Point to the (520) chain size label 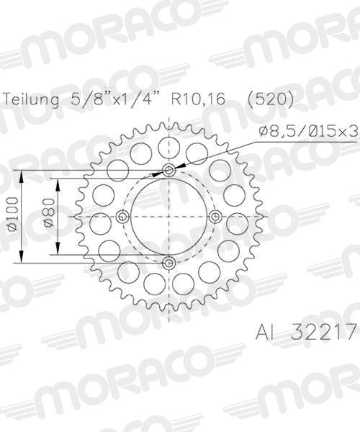(270, 100)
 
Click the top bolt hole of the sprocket (168, 171)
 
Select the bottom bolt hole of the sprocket (168, 263)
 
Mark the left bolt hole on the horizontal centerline (122, 217)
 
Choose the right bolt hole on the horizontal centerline (215, 217)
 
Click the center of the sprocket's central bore (168, 217)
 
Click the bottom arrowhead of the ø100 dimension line (23, 260)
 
